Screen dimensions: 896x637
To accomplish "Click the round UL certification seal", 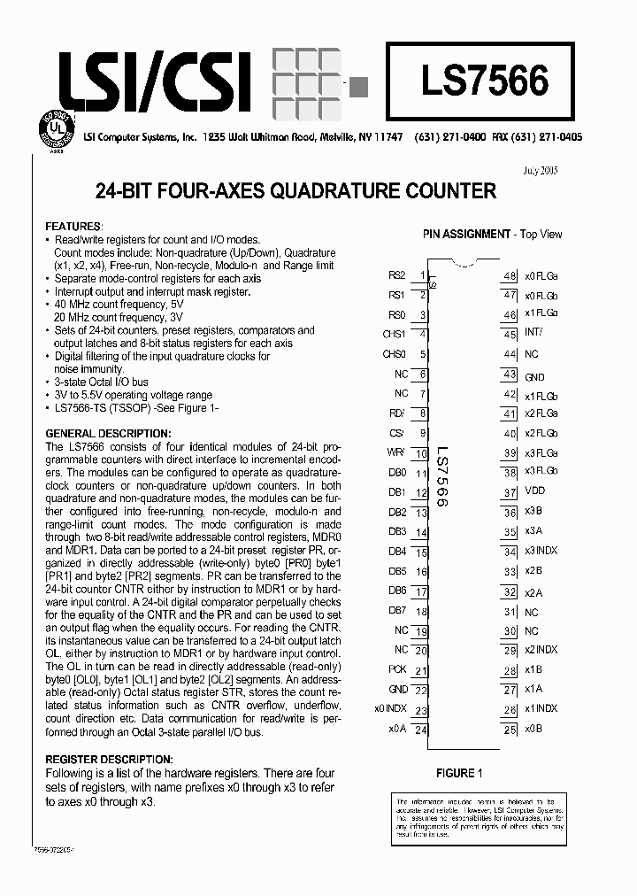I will [x=55, y=130].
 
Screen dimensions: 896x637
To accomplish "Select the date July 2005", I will [x=541, y=170].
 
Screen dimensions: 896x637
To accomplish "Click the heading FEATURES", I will [x=74, y=227].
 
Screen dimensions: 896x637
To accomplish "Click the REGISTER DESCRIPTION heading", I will [x=109, y=760].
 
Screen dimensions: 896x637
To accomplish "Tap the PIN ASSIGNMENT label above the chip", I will [x=466, y=234].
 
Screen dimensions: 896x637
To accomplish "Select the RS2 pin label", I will [x=395, y=275].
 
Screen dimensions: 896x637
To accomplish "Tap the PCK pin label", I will [x=397, y=669].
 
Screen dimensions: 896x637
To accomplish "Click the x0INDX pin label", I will [x=390, y=708].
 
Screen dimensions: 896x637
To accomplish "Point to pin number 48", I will [x=510, y=275].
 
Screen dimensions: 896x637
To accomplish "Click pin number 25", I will [x=510, y=729].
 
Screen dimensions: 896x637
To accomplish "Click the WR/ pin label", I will [x=396, y=452].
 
